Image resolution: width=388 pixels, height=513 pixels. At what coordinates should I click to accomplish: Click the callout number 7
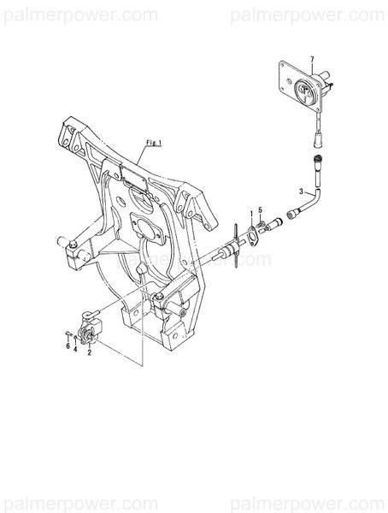coord(313,59)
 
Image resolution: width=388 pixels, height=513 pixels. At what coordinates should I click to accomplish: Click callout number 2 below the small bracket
coord(89,351)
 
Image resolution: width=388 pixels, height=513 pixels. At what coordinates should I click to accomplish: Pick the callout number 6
coord(68,347)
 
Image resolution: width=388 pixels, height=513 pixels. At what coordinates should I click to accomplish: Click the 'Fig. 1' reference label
coord(155,141)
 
